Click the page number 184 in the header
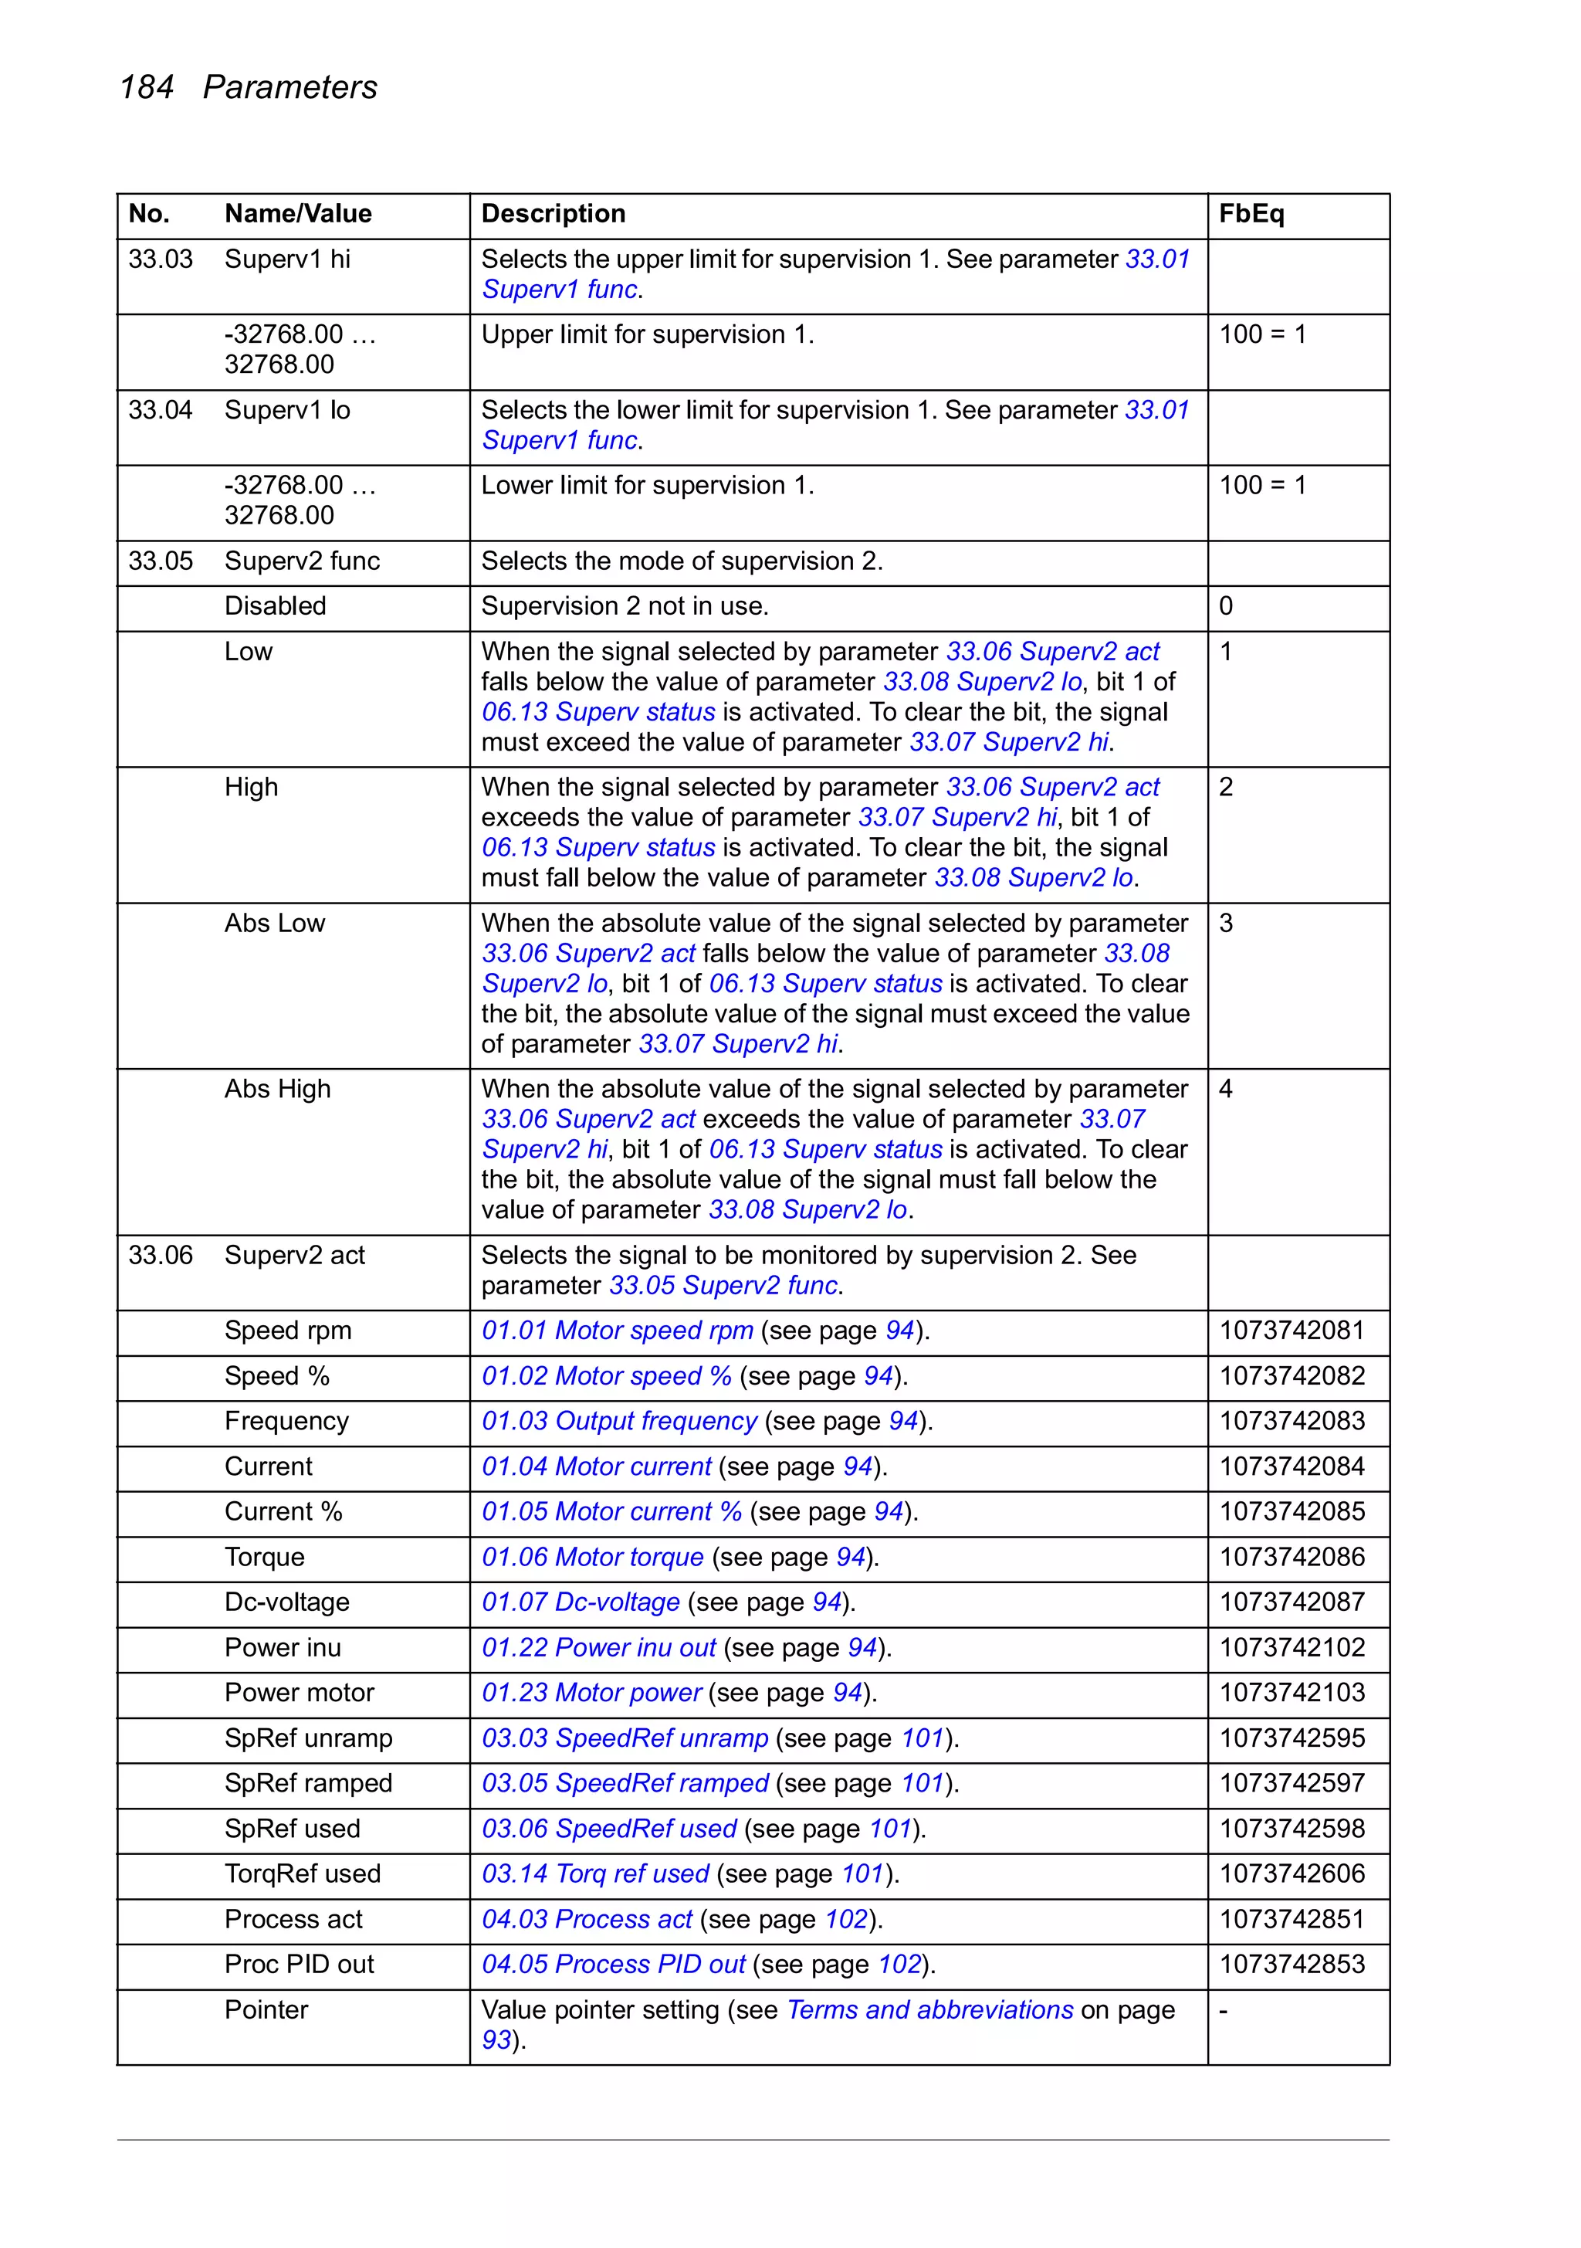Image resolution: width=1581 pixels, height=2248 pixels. click(146, 87)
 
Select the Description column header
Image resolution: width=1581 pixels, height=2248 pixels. click(552, 213)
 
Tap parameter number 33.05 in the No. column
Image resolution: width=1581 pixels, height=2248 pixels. click(161, 561)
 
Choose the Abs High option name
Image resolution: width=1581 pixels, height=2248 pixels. click(277, 1089)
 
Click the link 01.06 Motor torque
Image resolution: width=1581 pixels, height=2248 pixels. click(592, 1557)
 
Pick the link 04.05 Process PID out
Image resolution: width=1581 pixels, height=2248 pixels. click(613, 1964)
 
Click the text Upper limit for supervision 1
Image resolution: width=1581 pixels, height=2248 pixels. click(647, 335)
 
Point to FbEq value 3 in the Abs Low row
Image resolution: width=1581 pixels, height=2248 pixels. click(1226, 924)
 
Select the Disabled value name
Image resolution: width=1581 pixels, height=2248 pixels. click(275, 606)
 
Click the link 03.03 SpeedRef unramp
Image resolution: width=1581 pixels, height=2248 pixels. click(625, 1738)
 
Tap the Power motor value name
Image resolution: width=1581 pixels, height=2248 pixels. click(299, 1692)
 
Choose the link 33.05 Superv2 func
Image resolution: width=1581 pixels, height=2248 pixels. click(723, 1286)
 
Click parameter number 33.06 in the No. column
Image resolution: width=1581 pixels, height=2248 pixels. click(161, 1255)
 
